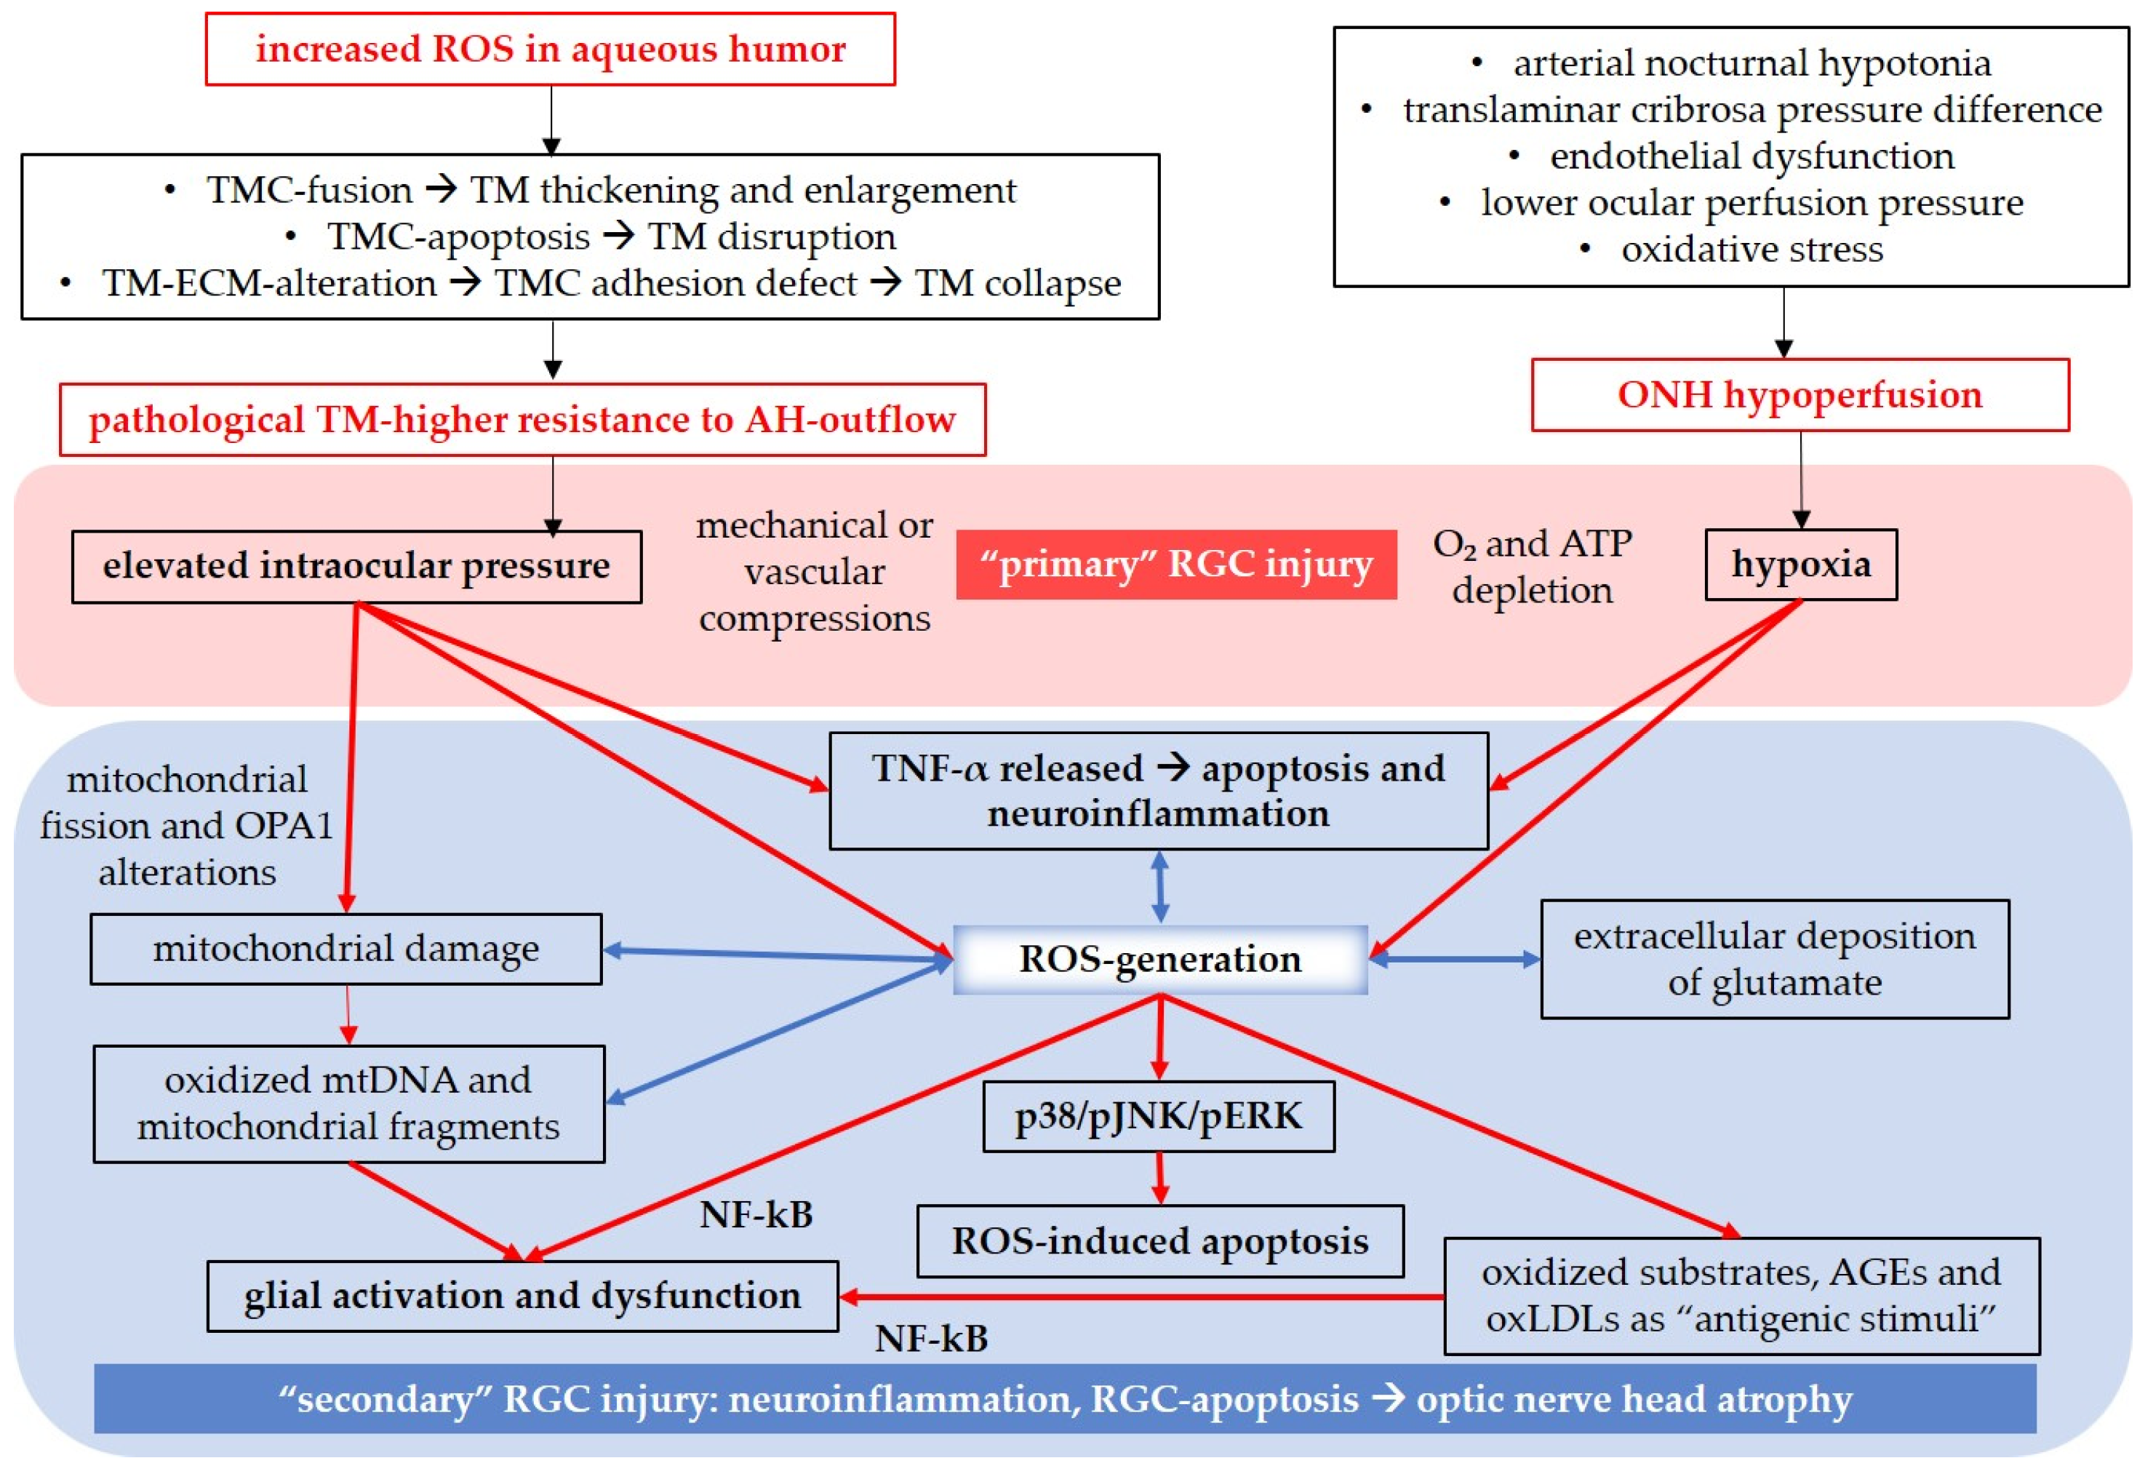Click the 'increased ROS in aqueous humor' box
point(551,49)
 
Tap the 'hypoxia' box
point(1800,565)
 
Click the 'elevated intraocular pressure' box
point(356,566)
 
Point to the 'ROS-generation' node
point(1160,959)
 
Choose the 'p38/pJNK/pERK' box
point(1158,1116)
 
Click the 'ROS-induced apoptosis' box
point(1160,1241)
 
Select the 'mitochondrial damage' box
point(345,949)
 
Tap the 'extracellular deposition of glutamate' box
point(1774,959)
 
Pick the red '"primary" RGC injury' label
point(1175,565)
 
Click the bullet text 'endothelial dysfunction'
point(1751,156)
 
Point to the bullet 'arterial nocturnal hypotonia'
point(1751,63)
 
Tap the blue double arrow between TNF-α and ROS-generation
point(1159,887)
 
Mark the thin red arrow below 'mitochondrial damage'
point(348,1014)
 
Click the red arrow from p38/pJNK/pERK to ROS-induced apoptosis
point(1159,1178)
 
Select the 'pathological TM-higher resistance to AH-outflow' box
point(522,420)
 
